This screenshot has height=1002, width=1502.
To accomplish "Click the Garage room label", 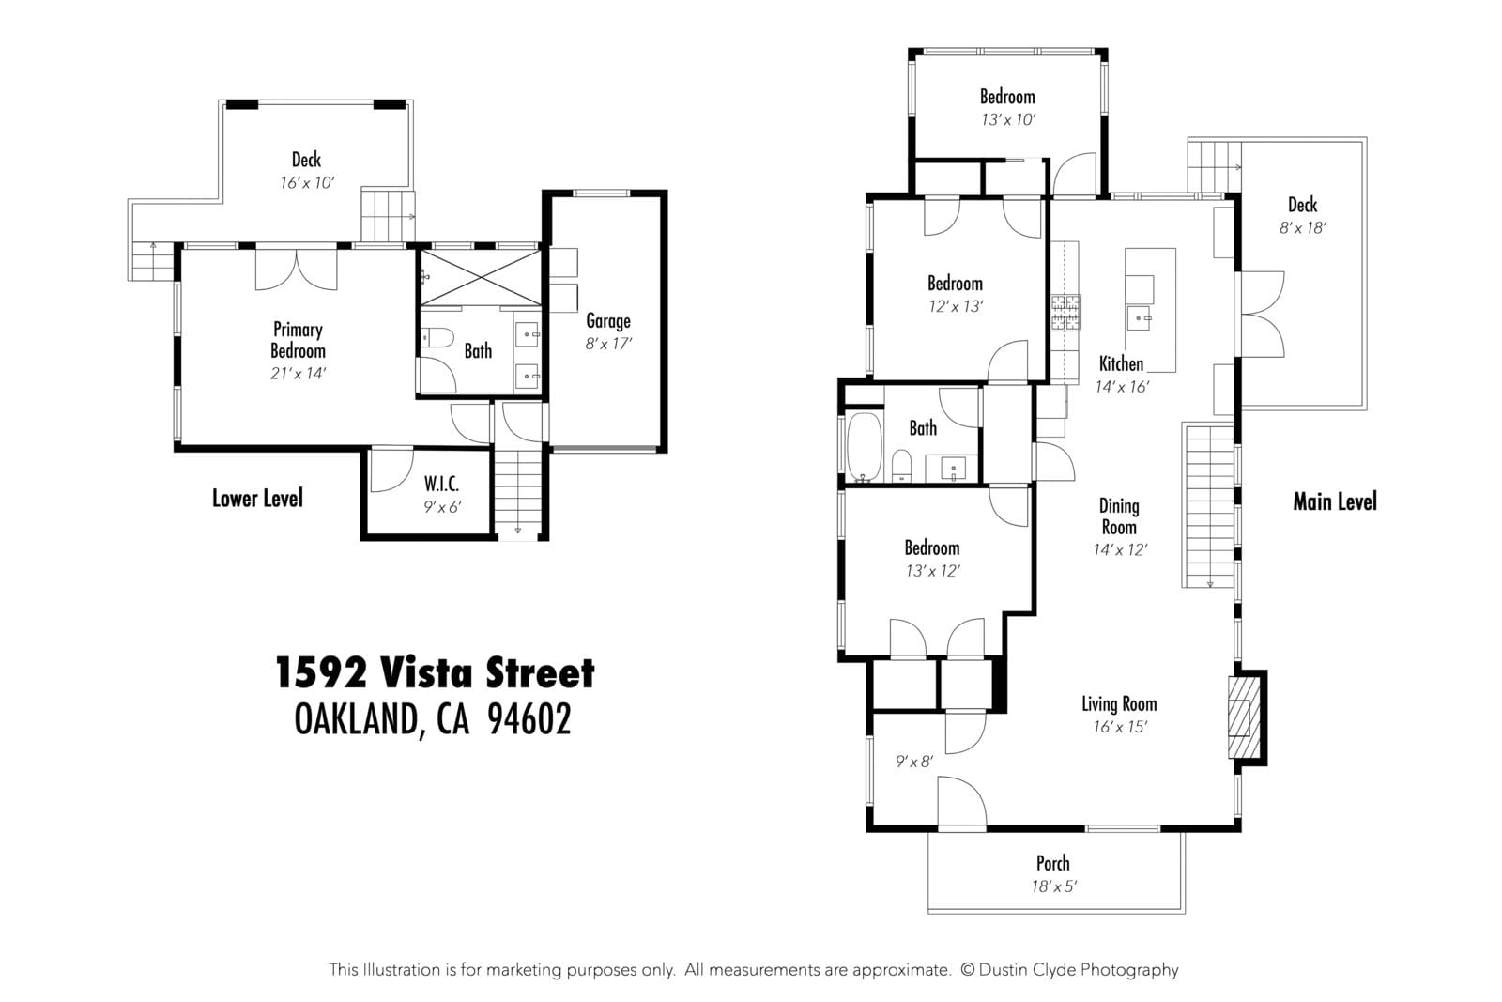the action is pyautogui.click(x=608, y=321).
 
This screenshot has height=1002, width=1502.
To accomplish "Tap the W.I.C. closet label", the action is pyautogui.click(x=441, y=484).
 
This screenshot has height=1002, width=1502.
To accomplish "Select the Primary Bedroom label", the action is pyautogui.click(x=298, y=340).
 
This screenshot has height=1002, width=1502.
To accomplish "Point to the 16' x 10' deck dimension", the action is pyautogui.click(x=307, y=183).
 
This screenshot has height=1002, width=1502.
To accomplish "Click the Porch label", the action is pyautogui.click(x=1052, y=863).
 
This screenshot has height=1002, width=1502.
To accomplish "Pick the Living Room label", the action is pyautogui.click(x=1119, y=704).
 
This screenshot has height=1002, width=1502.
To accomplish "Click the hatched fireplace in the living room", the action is pyautogui.click(x=1244, y=717).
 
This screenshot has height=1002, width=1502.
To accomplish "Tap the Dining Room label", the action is pyautogui.click(x=1119, y=516).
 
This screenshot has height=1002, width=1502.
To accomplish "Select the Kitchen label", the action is pyautogui.click(x=1121, y=364).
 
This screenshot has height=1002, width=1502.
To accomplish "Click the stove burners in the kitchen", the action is pyautogui.click(x=1065, y=313).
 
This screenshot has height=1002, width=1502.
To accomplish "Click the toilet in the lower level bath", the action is pyautogui.click(x=437, y=338).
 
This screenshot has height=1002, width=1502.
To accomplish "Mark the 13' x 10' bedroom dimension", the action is pyautogui.click(x=1008, y=120).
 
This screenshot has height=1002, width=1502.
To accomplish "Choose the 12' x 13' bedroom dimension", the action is pyautogui.click(x=956, y=306).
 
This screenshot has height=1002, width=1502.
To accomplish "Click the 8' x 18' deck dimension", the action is pyautogui.click(x=1302, y=228).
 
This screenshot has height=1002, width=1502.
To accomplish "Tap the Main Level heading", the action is pyautogui.click(x=1334, y=501).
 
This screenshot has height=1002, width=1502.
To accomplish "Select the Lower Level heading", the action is pyautogui.click(x=257, y=499).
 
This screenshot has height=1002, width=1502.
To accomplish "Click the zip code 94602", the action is pyautogui.click(x=529, y=719).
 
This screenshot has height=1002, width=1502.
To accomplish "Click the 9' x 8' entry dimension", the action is pyautogui.click(x=914, y=762).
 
